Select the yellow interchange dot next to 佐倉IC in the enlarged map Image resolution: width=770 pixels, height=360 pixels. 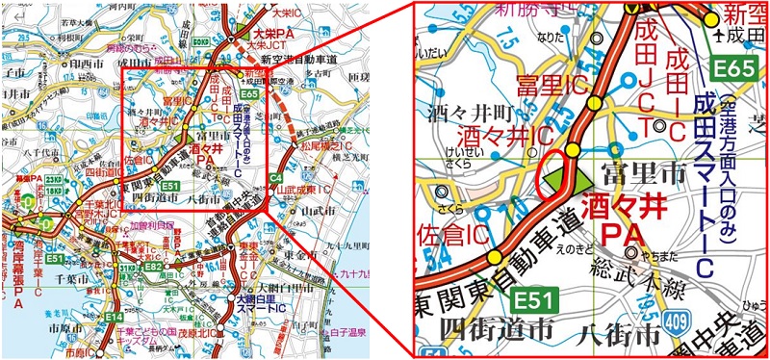tap(495, 256)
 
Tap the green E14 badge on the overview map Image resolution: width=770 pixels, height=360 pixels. tap(114, 317)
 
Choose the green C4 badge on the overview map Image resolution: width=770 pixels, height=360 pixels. tap(274, 178)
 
